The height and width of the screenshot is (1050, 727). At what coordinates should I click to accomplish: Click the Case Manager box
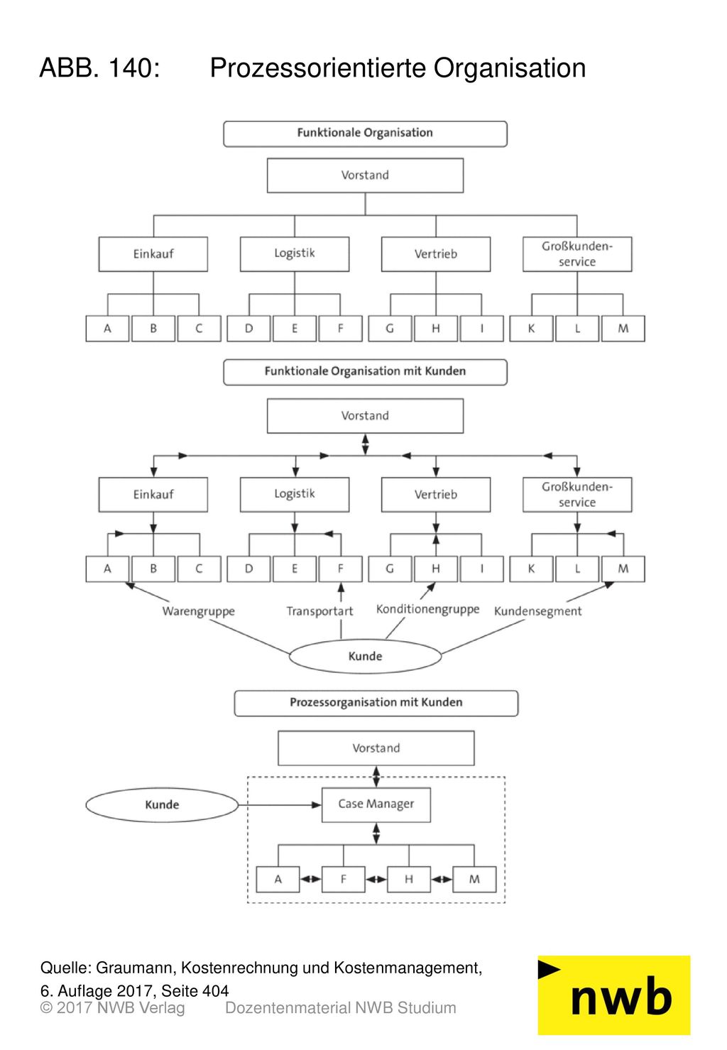point(376,804)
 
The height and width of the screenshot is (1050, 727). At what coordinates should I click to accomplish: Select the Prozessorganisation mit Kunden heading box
point(376,703)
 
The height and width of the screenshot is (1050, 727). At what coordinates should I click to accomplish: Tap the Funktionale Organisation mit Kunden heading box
point(365,372)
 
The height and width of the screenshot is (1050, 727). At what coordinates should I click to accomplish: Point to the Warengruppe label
point(198,611)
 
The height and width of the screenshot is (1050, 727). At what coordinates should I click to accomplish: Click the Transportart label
point(319,611)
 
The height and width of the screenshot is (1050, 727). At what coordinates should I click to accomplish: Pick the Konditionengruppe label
point(427,609)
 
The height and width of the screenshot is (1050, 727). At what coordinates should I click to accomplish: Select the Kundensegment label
point(537,611)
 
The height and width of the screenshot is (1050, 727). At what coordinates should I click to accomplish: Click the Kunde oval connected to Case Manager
point(162,804)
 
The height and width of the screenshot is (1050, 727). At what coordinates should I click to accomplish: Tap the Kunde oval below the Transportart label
point(365,656)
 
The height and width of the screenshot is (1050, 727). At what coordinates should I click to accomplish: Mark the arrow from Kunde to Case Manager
point(280,805)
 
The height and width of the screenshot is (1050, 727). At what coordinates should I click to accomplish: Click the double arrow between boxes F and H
point(376,880)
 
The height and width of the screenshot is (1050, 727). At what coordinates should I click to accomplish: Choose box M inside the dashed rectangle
point(474,880)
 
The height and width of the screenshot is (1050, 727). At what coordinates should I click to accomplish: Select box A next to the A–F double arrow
point(278,880)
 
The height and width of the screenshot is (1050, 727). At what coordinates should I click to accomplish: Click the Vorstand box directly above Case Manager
point(376,748)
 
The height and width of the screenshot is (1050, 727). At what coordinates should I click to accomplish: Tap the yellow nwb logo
point(613,995)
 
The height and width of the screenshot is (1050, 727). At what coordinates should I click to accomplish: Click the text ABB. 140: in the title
point(100,67)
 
